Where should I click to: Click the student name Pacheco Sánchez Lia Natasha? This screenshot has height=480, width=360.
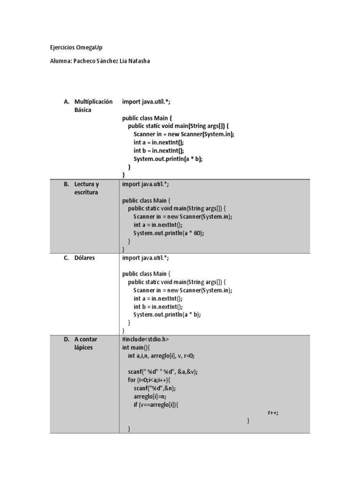(100, 61)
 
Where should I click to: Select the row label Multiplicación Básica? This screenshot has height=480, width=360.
(93, 105)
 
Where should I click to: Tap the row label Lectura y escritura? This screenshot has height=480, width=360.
(87, 188)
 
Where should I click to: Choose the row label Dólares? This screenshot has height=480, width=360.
(84, 257)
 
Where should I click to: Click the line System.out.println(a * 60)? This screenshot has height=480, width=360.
(169, 233)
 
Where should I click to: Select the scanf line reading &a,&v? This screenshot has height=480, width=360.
(163, 372)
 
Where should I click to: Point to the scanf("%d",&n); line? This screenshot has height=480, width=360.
(157, 388)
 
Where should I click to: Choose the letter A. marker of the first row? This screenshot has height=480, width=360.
(66, 101)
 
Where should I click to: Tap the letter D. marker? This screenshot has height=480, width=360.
(67, 339)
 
